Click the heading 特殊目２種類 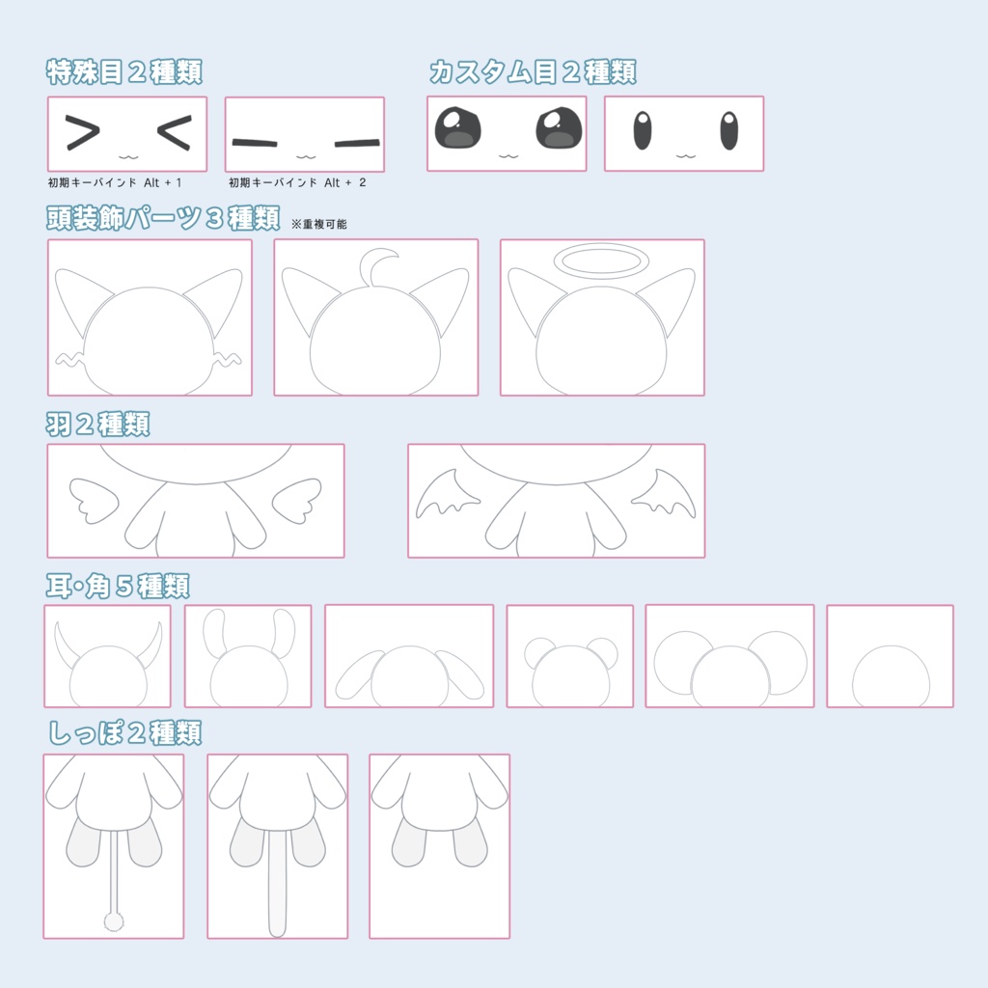point(124,71)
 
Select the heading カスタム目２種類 point(533,71)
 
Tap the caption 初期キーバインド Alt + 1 point(115,182)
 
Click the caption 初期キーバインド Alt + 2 point(297,182)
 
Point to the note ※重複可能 point(318,224)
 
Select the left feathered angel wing point(94,501)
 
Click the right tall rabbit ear point(284,633)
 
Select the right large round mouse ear point(780,662)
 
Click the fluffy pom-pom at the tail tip point(114,922)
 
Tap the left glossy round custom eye point(458,128)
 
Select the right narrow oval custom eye point(729,130)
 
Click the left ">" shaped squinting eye point(83,132)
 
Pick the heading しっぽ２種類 point(124,733)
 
